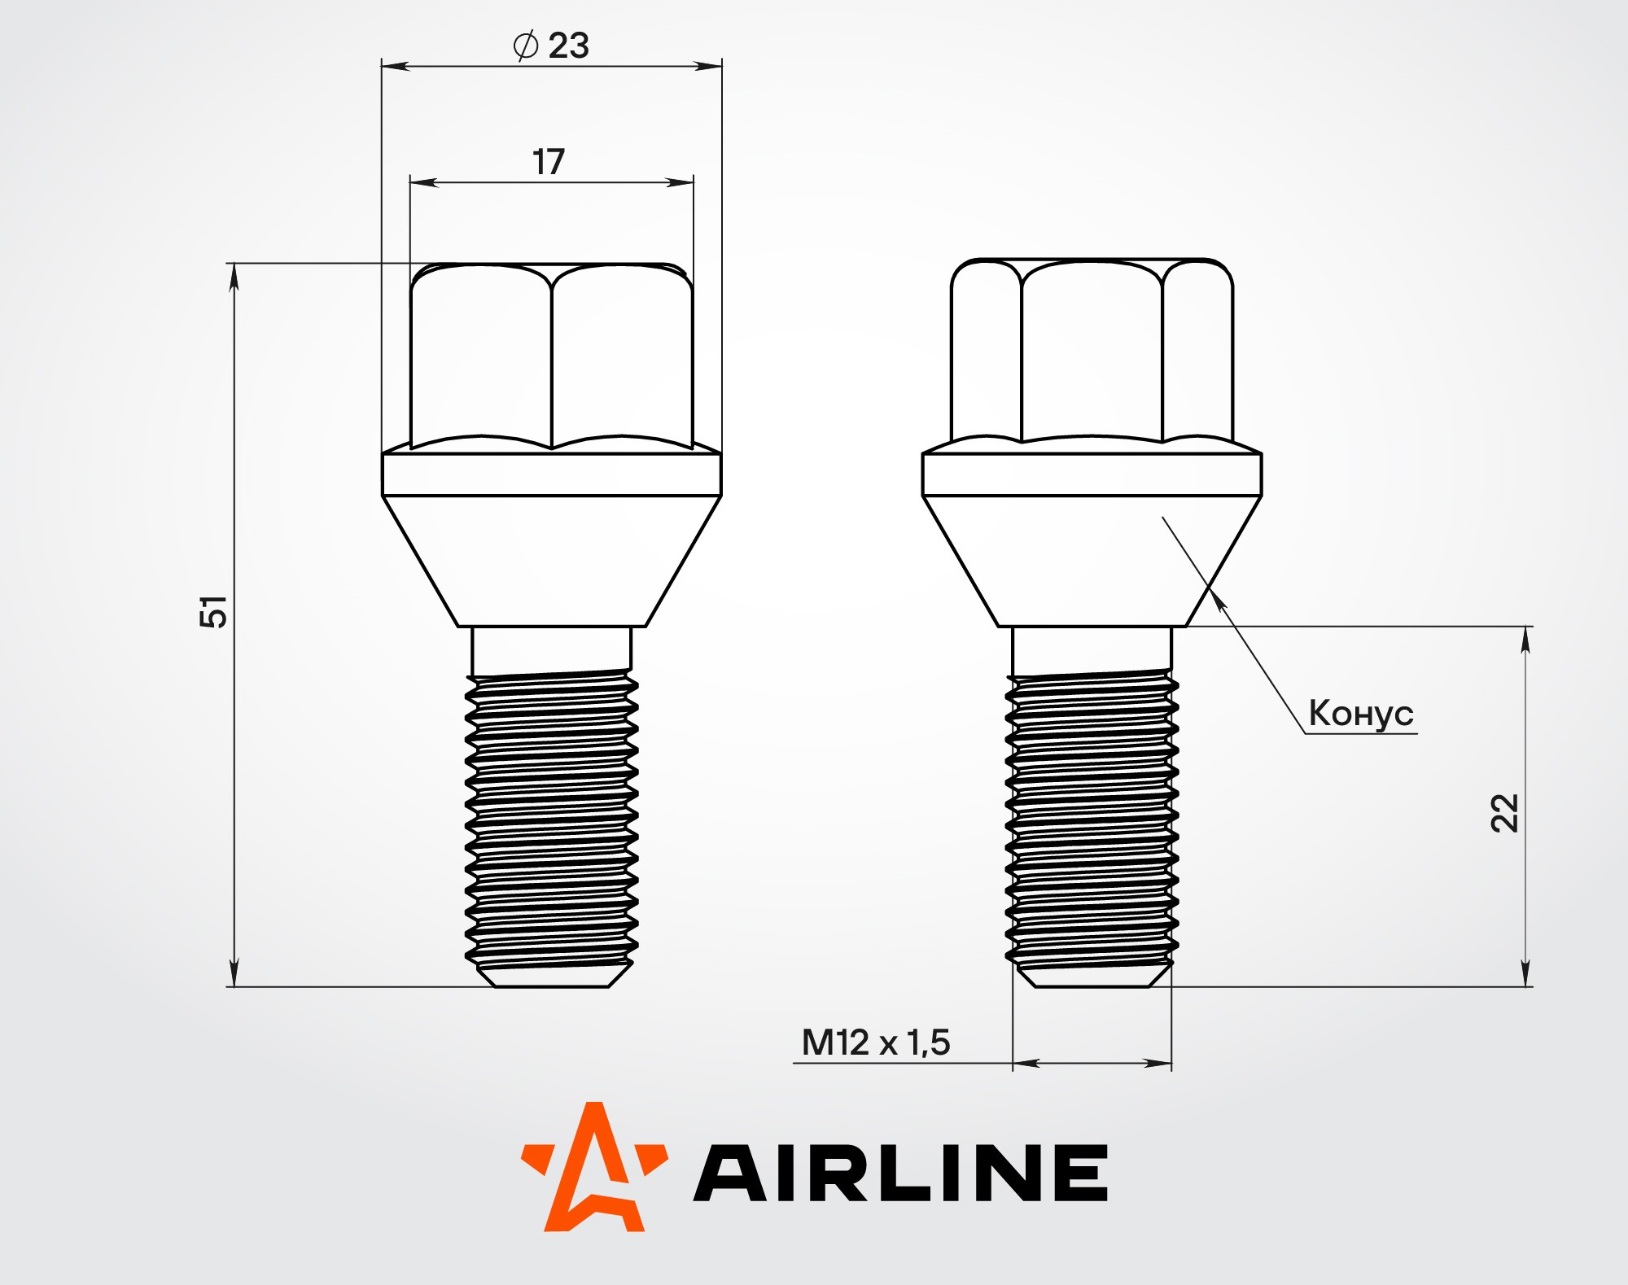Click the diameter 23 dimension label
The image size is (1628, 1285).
click(x=551, y=46)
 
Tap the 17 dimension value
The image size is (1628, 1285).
click(x=549, y=162)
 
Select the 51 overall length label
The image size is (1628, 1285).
click(x=213, y=611)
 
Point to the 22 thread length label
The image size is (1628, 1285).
click(x=1504, y=812)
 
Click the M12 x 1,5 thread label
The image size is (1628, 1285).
click(x=876, y=1042)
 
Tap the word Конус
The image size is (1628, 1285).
click(x=1361, y=713)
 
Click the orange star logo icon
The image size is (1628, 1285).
click(x=594, y=1166)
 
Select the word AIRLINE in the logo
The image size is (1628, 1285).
click(x=900, y=1172)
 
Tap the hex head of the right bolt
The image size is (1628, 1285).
click(x=1092, y=351)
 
